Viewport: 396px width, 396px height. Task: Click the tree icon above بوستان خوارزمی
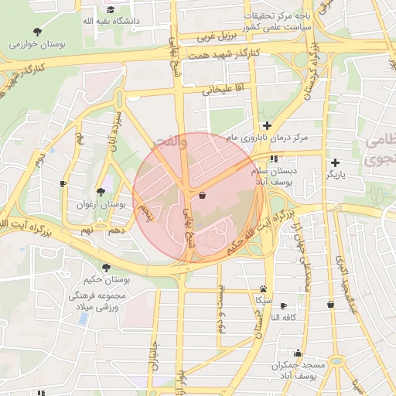37,32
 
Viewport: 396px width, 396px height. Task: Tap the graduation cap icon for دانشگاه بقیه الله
111,10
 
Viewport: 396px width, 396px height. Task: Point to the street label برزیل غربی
216,36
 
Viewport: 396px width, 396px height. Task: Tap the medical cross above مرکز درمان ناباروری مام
267,125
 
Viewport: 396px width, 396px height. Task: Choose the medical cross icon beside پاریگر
334,162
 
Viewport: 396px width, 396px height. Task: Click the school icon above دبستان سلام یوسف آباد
274,159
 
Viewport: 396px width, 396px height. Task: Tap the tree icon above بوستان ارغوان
101,192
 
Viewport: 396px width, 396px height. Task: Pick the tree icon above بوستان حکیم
106,268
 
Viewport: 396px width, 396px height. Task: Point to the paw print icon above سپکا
264,287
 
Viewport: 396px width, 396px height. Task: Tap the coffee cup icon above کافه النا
283,306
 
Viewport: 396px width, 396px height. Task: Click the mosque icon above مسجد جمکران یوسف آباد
298,353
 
